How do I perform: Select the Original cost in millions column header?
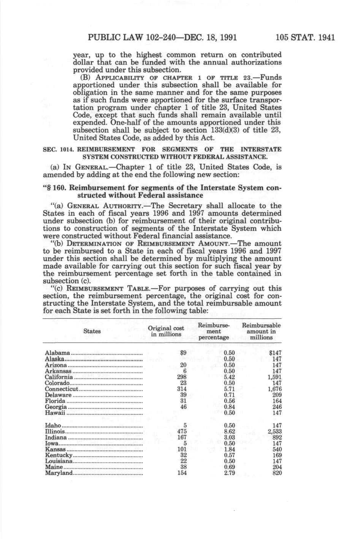[166, 331]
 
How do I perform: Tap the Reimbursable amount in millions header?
[261, 331]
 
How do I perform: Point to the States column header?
[92, 331]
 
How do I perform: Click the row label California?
[59, 377]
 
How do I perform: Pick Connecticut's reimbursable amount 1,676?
[274, 389]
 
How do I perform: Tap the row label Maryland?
[59, 473]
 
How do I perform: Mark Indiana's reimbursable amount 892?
[277, 437]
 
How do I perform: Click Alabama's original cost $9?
[183, 353]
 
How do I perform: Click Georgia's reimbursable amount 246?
[277, 407]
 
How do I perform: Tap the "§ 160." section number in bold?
[56, 188]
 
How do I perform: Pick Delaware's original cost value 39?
[183, 395]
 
